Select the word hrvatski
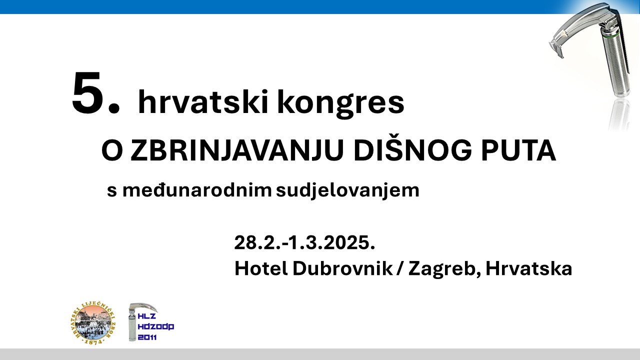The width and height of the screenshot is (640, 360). (203, 102)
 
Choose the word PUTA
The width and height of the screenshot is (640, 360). (518, 150)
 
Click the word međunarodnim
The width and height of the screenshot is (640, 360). (197, 189)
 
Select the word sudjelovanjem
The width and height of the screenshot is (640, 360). (347, 190)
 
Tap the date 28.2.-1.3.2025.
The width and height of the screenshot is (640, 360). (304, 242)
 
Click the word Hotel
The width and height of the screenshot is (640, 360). (261, 268)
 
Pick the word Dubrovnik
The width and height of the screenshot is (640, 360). (342, 268)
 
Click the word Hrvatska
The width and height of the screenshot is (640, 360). (529, 268)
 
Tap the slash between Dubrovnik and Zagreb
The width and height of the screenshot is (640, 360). (400, 268)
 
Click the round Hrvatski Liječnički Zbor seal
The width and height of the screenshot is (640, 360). (93, 322)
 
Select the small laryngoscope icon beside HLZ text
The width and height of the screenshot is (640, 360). (137, 321)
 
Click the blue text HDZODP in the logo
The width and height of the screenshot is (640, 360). (156, 326)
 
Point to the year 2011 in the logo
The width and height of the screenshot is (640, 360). (147, 337)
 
